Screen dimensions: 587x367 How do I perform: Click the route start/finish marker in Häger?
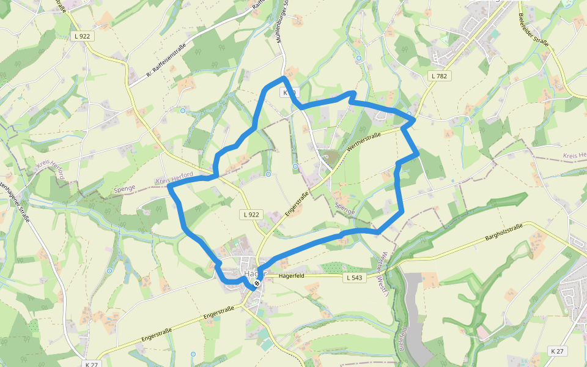[x=257, y=283]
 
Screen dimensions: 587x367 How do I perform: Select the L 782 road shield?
[x=438, y=76]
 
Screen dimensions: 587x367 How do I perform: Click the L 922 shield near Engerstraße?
[x=251, y=214]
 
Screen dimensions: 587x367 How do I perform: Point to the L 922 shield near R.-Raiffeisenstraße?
[x=83, y=37]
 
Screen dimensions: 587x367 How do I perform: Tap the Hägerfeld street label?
[x=291, y=276]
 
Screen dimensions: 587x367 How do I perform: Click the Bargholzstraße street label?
[x=503, y=232]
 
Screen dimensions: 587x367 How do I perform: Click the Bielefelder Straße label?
[x=533, y=31]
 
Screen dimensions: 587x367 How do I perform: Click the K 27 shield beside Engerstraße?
[x=92, y=364]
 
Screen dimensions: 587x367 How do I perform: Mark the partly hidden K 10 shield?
[x=289, y=92]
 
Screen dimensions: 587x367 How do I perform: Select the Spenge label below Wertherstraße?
[x=344, y=210]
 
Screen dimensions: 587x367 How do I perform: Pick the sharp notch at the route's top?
[x=352, y=93]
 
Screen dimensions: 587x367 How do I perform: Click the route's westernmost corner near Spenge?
[x=169, y=187]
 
